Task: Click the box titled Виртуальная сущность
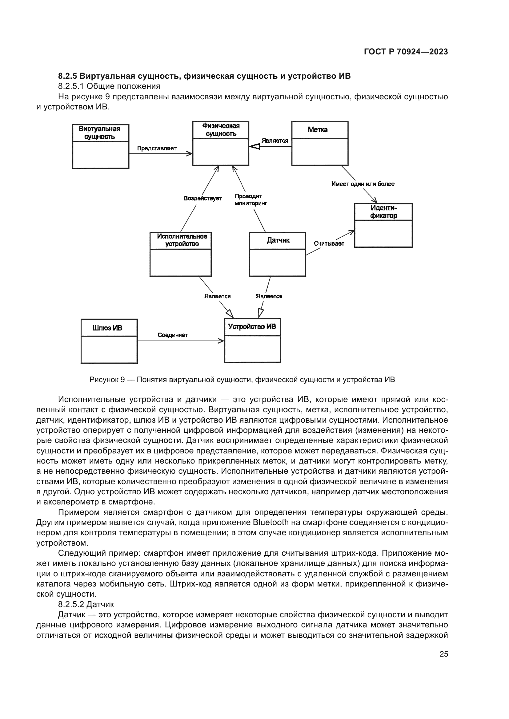tap(101, 146)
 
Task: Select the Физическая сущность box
tap(221, 143)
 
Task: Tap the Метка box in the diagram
tap(320, 143)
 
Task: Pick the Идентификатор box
tap(383, 225)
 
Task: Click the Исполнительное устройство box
tap(181, 254)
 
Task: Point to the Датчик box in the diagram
tap(277, 254)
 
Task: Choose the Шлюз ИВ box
tap(109, 341)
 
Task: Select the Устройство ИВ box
tap(252, 340)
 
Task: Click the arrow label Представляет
tap(157, 148)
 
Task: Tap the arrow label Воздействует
tap(202, 198)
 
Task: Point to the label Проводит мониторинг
tap(250, 200)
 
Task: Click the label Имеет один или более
tap(363, 184)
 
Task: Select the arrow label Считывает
tap(329, 244)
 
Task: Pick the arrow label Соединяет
tap(173, 335)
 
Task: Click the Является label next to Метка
tap(275, 140)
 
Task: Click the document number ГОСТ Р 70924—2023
tap(406, 52)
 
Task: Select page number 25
tap(444, 654)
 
